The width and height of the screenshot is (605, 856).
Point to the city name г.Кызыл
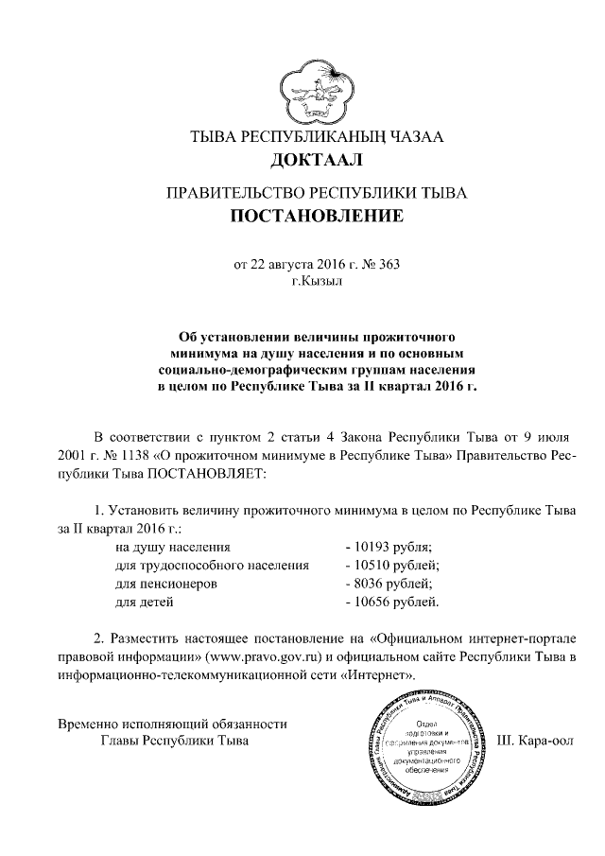318,281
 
